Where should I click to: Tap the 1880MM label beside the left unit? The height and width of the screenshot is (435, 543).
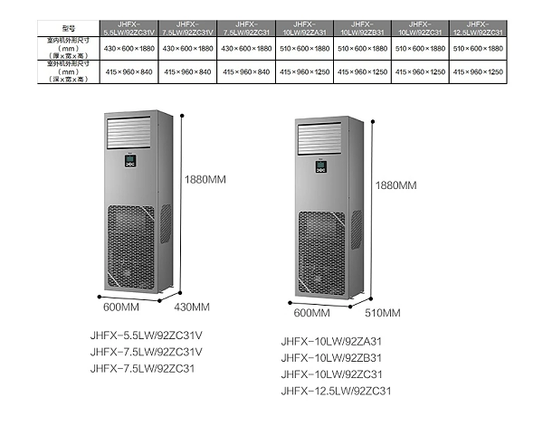206,179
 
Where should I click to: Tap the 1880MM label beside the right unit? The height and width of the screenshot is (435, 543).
395,184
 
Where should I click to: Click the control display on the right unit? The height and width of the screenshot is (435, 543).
320,165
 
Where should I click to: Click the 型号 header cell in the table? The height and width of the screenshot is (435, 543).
55,28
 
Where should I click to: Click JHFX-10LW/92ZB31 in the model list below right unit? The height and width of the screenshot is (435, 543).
331,358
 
